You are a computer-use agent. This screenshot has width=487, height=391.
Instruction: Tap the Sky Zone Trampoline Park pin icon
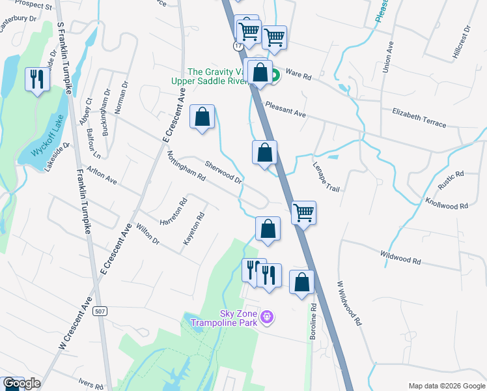(267, 317)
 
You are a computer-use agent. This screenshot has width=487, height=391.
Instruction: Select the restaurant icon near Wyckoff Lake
(37, 80)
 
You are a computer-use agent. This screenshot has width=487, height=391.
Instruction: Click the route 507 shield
(100, 311)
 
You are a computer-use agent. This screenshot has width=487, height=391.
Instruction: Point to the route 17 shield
(239, 47)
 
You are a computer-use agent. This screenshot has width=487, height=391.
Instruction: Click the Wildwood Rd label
(400, 257)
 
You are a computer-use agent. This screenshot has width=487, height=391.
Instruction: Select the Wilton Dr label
(148, 234)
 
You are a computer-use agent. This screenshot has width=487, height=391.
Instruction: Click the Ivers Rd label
(90, 384)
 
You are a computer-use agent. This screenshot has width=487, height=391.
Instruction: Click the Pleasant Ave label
(285, 109)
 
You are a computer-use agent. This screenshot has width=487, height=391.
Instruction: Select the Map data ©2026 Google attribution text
(446, 386)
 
